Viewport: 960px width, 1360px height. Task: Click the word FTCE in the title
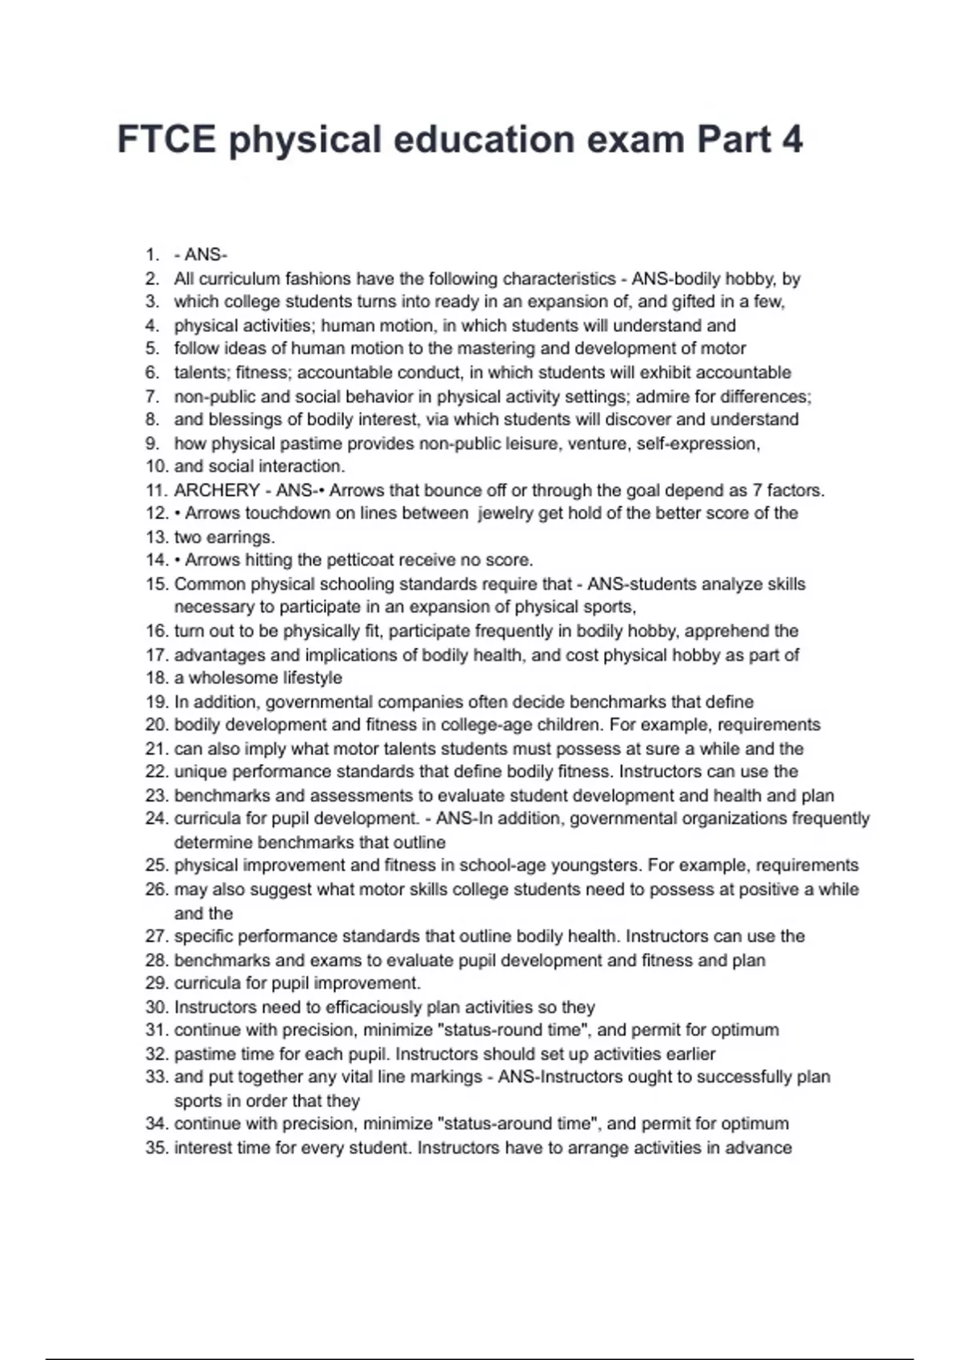point(166,140)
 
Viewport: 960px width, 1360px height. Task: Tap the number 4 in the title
point(791,140)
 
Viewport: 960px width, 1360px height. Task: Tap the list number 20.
point(156,725)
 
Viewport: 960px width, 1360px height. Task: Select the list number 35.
point(156,1148)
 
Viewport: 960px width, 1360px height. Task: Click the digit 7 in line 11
point(758,490)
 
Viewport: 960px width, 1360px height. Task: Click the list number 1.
point(152,255)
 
